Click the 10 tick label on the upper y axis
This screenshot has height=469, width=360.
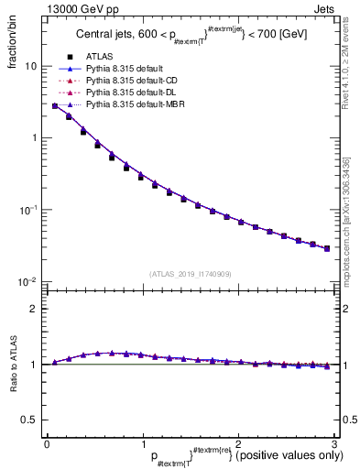coord(31,67)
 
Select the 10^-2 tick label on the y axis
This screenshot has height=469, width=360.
coord(29,281)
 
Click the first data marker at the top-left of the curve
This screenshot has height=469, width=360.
coord(55,106)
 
